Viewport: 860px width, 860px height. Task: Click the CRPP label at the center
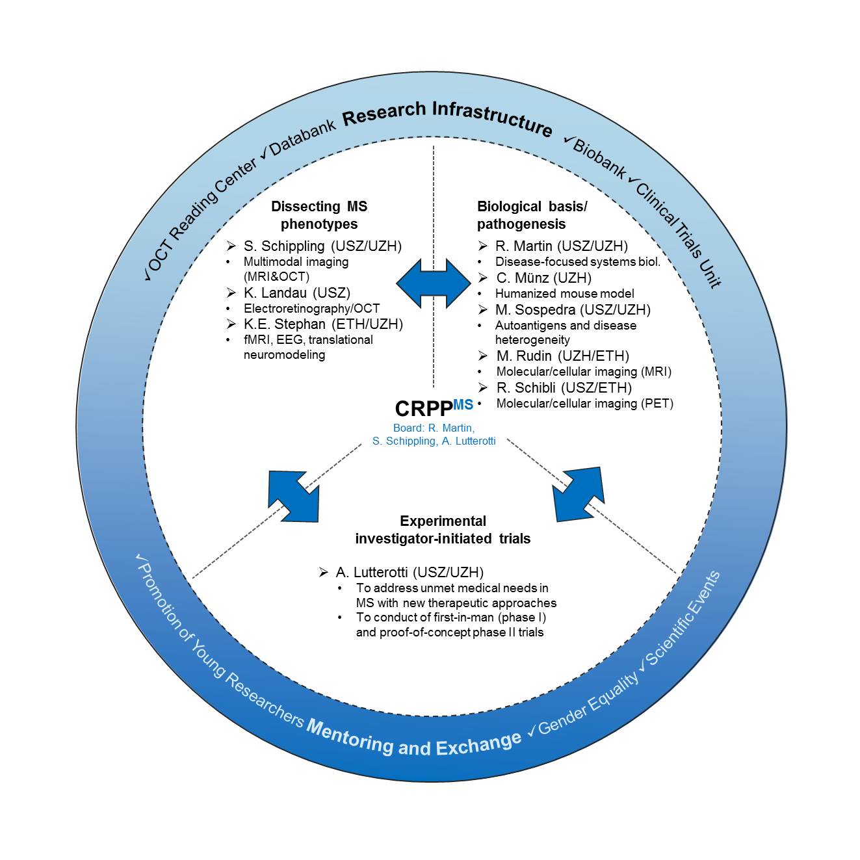point(434,408)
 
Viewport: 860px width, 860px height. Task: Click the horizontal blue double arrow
point(434,283)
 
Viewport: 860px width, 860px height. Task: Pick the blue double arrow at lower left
point(294,496)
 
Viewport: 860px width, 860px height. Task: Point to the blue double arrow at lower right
point(579,494)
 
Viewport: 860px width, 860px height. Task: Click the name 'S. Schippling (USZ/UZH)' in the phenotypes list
point(322,246)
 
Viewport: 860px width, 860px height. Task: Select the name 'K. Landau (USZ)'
point(297,293)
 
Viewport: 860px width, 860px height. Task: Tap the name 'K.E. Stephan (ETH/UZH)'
point(323,324)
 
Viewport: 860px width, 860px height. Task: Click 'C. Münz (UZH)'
point(544,278)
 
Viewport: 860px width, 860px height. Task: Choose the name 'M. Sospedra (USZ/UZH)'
point(573,309)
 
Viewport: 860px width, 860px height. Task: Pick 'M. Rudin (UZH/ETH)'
point(563,356)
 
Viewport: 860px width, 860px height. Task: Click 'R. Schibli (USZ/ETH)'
point(564,387)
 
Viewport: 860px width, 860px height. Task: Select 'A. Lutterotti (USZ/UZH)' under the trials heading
point(410,572)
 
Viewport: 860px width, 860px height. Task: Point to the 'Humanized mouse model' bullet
point(564,293)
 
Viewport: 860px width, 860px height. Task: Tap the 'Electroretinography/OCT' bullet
point(311,308)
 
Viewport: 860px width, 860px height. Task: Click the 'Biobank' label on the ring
point(599,158)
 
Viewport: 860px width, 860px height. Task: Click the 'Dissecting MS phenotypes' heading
point(319,215)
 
